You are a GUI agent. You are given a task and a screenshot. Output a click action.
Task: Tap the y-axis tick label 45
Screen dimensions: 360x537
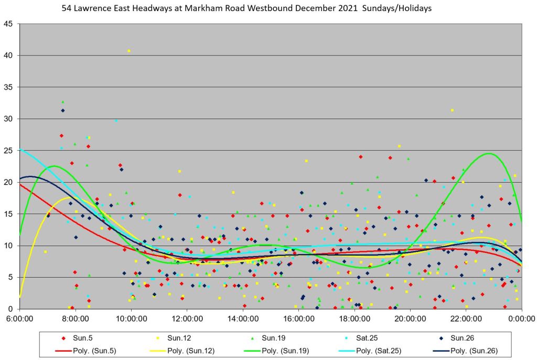[x=9, y=24]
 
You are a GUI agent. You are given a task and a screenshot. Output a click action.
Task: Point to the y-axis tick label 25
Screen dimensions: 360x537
[x=9, y=151]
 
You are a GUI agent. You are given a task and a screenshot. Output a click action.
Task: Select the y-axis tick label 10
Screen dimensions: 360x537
[x=9, y=246]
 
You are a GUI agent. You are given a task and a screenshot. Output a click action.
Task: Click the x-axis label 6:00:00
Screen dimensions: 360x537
[x=19, y=318]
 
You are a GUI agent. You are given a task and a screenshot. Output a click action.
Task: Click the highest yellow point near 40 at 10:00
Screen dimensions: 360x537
[x=129, y=51]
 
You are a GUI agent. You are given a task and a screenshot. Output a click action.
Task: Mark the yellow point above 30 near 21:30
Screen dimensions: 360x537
[x=452, y=110]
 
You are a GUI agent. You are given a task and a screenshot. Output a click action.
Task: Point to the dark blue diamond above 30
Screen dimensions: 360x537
[x=63, y=110]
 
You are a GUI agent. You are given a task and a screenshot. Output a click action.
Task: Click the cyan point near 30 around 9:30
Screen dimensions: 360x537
[x=116, y=120]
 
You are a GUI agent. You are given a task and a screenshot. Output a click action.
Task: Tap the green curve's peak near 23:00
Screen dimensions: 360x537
[x=489, y=153]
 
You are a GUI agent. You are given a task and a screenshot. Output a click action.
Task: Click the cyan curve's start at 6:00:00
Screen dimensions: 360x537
[x=20, y=150]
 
